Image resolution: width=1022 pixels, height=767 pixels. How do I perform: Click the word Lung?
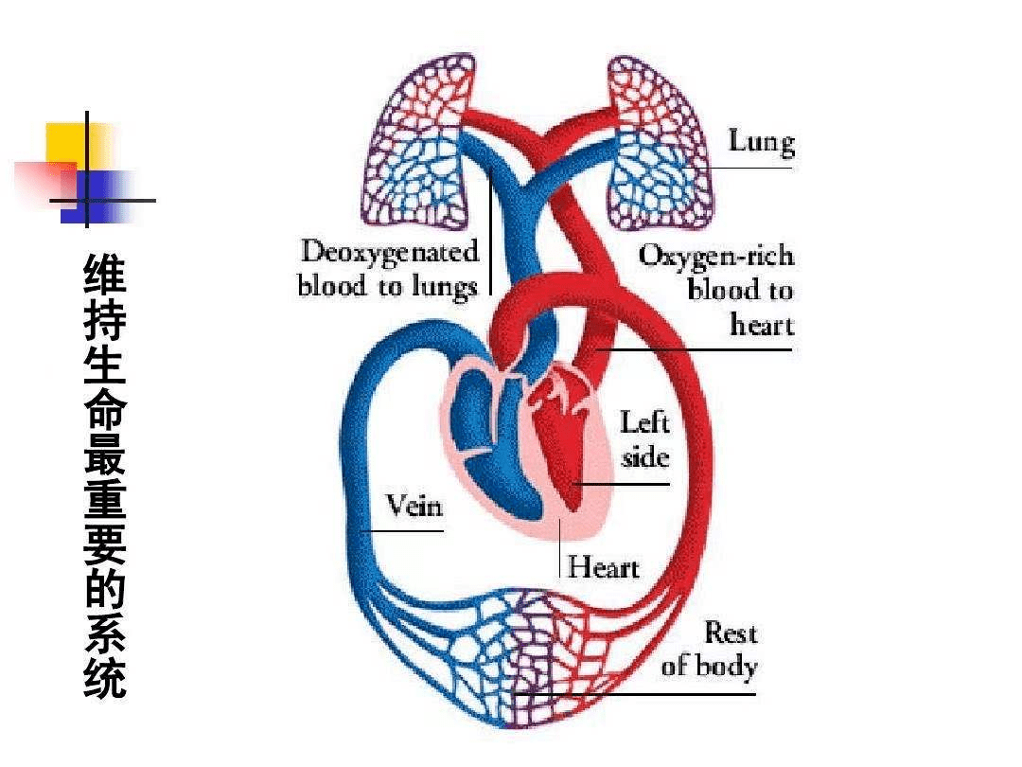761,142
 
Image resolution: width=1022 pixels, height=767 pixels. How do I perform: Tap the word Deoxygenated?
390,253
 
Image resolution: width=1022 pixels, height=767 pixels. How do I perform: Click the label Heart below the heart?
603,567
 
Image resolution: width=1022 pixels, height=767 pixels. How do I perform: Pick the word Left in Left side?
643,421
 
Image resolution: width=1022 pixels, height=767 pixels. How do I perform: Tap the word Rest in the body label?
731,632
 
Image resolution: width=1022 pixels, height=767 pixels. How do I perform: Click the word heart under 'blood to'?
762,325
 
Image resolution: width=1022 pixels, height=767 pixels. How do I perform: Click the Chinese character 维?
104,274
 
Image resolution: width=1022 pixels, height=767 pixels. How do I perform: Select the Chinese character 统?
104,678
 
